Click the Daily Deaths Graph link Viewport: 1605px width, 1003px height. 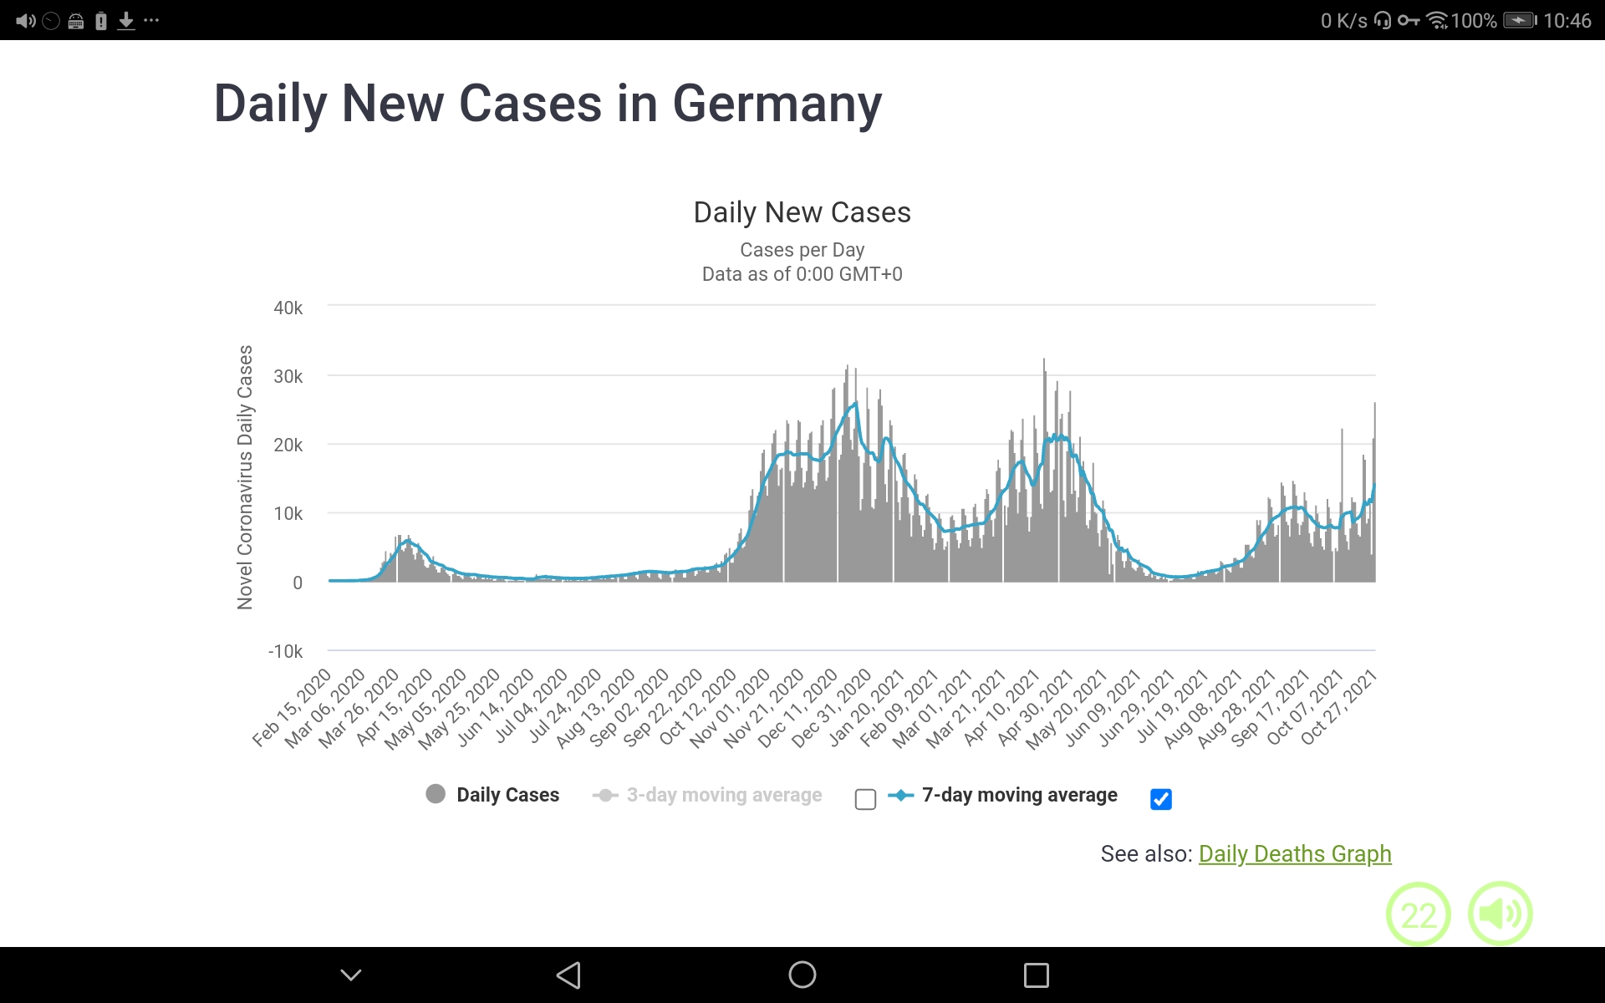tap(1294, 853)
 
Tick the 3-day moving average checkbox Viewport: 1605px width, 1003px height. tap(865, 799)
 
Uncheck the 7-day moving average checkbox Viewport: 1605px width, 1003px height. tap(1160, 799)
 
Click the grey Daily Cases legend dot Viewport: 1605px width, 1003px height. tap(436, 794)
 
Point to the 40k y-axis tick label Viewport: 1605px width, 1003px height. tap(288, 308)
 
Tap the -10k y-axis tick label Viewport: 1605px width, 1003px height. tap(285, 651)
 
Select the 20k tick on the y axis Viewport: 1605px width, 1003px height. tap(288, 445)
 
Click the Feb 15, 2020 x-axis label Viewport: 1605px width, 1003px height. tap(293, 706)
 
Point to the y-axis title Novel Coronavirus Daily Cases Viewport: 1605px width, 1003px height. tap(245, 476)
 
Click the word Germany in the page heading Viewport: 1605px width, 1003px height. tap(777, 104)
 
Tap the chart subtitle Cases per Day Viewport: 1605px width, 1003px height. tap(802, 250)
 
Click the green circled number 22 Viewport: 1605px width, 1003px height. tap(1418, 914)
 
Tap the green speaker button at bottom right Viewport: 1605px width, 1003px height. tap(1500, 914)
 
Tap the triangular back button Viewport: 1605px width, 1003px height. tap(568, 975)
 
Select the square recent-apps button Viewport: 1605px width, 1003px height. tap(1036, 975)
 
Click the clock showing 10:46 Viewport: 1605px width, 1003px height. tap(1567, 21)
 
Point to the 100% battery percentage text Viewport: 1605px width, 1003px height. tap(1473, 21)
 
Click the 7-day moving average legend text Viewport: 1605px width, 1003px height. tap(1019, 795)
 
